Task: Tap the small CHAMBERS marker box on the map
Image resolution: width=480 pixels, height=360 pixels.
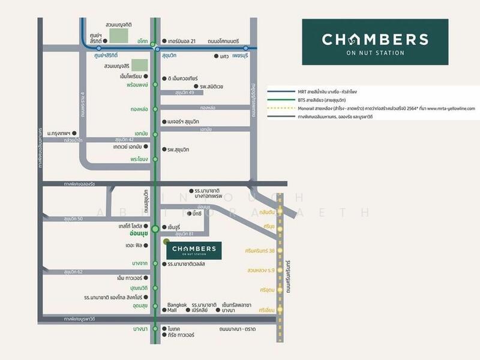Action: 194,250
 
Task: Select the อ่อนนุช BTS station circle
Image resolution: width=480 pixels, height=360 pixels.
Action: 155,228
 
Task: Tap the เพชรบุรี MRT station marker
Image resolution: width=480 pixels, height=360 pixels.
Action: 246,48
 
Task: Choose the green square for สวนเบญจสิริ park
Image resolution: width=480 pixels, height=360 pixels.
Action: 139,65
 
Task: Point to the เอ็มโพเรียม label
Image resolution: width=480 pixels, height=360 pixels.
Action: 130,77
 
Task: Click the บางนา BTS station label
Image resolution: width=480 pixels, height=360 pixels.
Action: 139,329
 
